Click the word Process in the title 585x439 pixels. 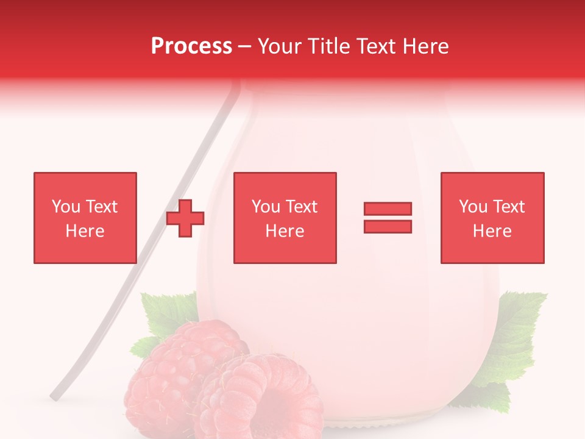[x=191, y=46]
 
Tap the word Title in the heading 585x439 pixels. [x=329, y=46]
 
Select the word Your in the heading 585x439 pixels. [x=280, y=46]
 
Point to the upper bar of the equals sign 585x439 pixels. [x=388, y=209]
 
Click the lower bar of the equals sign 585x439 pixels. [x=388, y=226]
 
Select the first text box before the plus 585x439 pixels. [x=85, y=218]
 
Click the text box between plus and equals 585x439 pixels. [x=285, y=218]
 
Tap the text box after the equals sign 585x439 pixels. [x=492, y=218]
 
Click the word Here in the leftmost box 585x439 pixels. [x=85, y=231]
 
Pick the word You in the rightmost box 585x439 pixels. [x=473, y=207]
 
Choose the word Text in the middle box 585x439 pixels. [x=302, y=207]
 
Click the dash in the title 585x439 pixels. [x=244, y=46]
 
